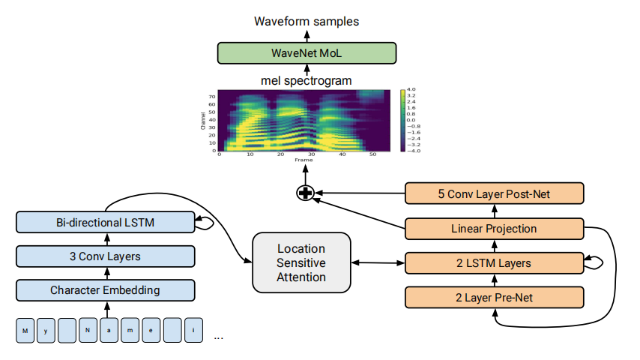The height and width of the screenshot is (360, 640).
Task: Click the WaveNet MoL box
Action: pos(307,53)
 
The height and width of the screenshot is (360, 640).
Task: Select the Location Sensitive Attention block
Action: pos(301,262)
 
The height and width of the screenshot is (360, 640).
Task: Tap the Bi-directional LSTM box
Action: pos(105,223)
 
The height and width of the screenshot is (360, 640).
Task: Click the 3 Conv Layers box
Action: pos(105,256)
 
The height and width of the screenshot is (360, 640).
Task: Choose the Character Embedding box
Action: pos(105,289)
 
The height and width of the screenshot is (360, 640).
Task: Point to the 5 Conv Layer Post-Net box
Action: pos(494,194)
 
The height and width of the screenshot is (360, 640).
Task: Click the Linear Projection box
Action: pos(494,229)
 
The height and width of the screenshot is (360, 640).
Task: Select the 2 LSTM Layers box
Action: pos(494,262)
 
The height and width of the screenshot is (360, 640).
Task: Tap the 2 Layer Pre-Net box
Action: pos(494,297)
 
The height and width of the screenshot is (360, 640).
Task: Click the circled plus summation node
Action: pos(305,193)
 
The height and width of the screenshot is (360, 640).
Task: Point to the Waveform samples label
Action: pos(307,21)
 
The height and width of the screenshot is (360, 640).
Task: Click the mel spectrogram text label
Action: pos(307,80)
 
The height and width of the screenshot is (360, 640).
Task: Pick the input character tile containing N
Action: pos(88,330)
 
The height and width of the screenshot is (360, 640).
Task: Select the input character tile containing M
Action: pos(25,330)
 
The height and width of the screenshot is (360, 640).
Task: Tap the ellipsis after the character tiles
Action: pos(219,337)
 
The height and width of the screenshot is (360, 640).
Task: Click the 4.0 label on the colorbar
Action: pos(411,90)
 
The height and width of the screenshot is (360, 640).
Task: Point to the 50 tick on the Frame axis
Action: pos(372,155)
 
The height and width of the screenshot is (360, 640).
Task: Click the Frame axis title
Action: pos(303,160)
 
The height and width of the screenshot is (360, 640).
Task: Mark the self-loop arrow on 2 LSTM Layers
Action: pos(594,262)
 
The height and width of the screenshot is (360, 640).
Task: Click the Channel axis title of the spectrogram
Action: pos(203,121)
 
